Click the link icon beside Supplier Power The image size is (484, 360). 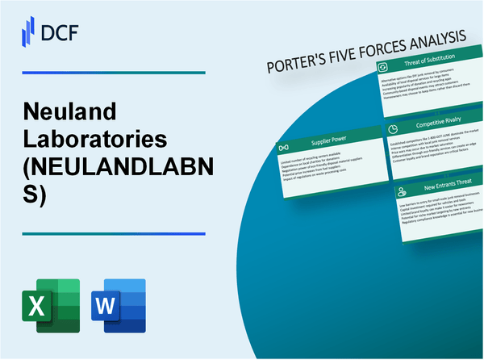pos(283,149)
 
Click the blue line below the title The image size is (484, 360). pos(113,234)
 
